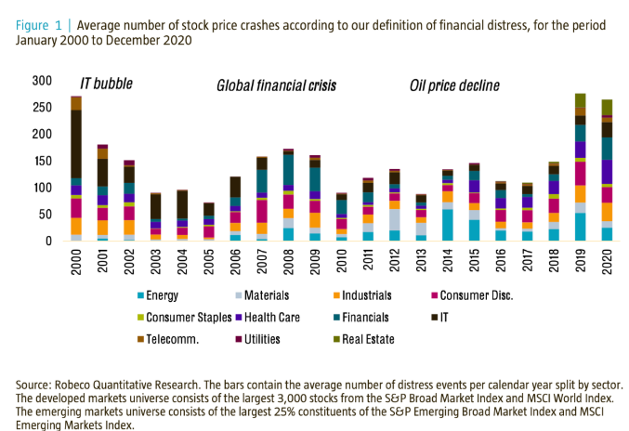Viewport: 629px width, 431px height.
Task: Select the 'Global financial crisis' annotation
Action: click(276, 86)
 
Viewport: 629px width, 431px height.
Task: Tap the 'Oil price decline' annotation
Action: click(455, 86)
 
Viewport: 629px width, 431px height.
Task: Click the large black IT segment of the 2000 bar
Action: click(76, 143)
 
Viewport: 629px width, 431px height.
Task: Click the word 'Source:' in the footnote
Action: click(35, 384)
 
